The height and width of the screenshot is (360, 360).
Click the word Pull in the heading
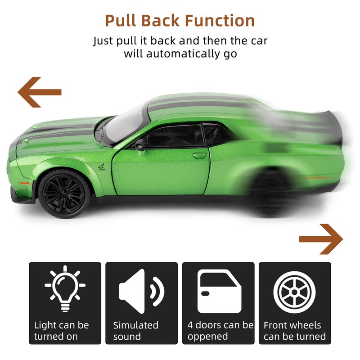point(121,20)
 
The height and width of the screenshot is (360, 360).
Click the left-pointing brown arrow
point(39,92)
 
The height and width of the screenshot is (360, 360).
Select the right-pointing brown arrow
point(321,238)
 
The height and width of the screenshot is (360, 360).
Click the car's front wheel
point(64,194)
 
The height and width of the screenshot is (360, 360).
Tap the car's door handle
point(199,156)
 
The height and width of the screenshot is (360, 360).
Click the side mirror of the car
point(139,146)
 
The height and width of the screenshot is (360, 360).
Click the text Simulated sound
point(136,331)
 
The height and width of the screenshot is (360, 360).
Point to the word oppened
point(208,337)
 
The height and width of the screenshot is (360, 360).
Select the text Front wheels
point(292,325)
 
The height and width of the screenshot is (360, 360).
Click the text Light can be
point(62,325)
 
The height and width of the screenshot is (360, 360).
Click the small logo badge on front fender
point(103,168)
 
